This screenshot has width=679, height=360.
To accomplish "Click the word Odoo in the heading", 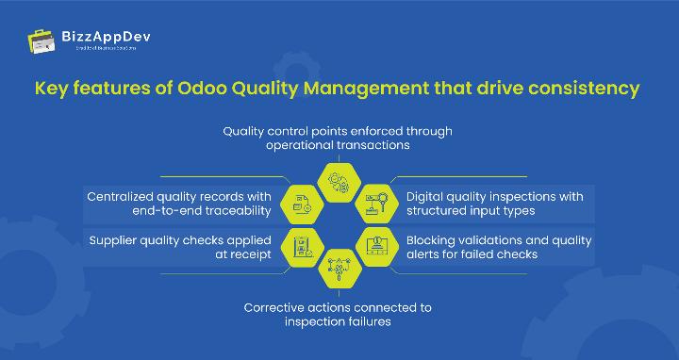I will click(x=206, y=90).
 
